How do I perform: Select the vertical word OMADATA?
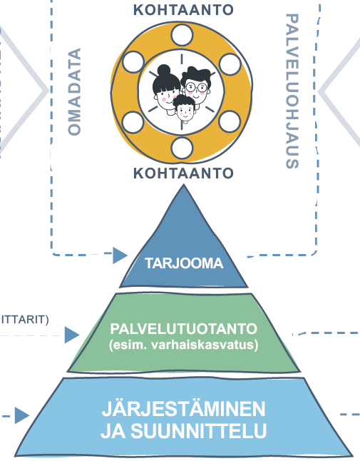point(73,91)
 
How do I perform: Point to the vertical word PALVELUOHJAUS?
point(290,91)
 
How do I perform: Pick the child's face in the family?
point(184,111)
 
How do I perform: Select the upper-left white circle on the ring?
point(133,63)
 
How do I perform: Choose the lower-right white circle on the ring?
point(229,121)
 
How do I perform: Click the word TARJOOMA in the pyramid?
point(184,263)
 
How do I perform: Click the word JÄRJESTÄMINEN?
point(183,410)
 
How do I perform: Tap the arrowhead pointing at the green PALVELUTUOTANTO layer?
point(71,334)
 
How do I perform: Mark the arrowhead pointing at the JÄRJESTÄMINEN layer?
point(21,415)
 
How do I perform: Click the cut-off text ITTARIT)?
point(24,318)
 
